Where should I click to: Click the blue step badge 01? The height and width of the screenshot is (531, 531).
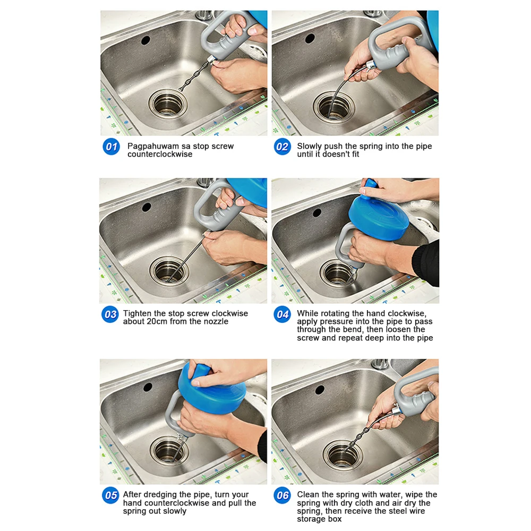(x=111, y=147)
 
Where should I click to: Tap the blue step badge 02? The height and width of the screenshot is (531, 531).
(x=282, y=147)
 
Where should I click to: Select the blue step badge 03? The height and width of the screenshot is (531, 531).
(x=110, y=314)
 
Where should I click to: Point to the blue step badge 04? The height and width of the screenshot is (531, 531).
(x=282, y=314)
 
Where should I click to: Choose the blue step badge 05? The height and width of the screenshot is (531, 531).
(x=110, y=495)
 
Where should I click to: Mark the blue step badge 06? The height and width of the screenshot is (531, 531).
(x=282, y=495)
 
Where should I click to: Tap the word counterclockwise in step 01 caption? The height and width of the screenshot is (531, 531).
(x=160, y=154)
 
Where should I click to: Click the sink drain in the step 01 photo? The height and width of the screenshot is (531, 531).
(x=168, y=104)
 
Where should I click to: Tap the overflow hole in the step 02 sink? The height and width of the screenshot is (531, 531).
(x=310, y=38)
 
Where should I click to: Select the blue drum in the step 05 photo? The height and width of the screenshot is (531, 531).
(x=212, y=389)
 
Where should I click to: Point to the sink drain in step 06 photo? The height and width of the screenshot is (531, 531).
(x=342, y=455)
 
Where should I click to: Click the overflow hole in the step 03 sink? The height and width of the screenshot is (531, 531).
(x=147, y=207)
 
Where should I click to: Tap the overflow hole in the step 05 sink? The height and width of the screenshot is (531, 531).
(x=148, y=388)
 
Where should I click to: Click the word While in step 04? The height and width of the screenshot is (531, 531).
(x=307, y=313)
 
